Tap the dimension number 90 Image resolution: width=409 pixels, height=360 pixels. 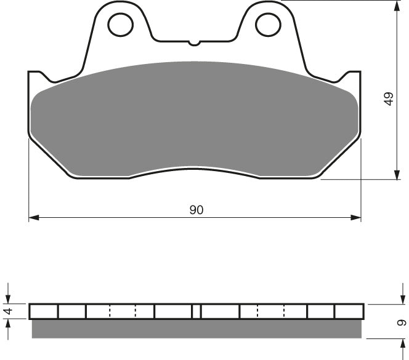tap(196, 210)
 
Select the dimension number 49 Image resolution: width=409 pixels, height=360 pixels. tap(387, 99)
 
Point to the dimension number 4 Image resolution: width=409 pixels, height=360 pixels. tap(8, 311)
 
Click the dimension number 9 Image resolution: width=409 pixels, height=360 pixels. tap(401, 322)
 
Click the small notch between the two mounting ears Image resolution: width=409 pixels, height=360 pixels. tap(194, 43)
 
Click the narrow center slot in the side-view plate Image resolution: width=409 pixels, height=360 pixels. tap(196, 311)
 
